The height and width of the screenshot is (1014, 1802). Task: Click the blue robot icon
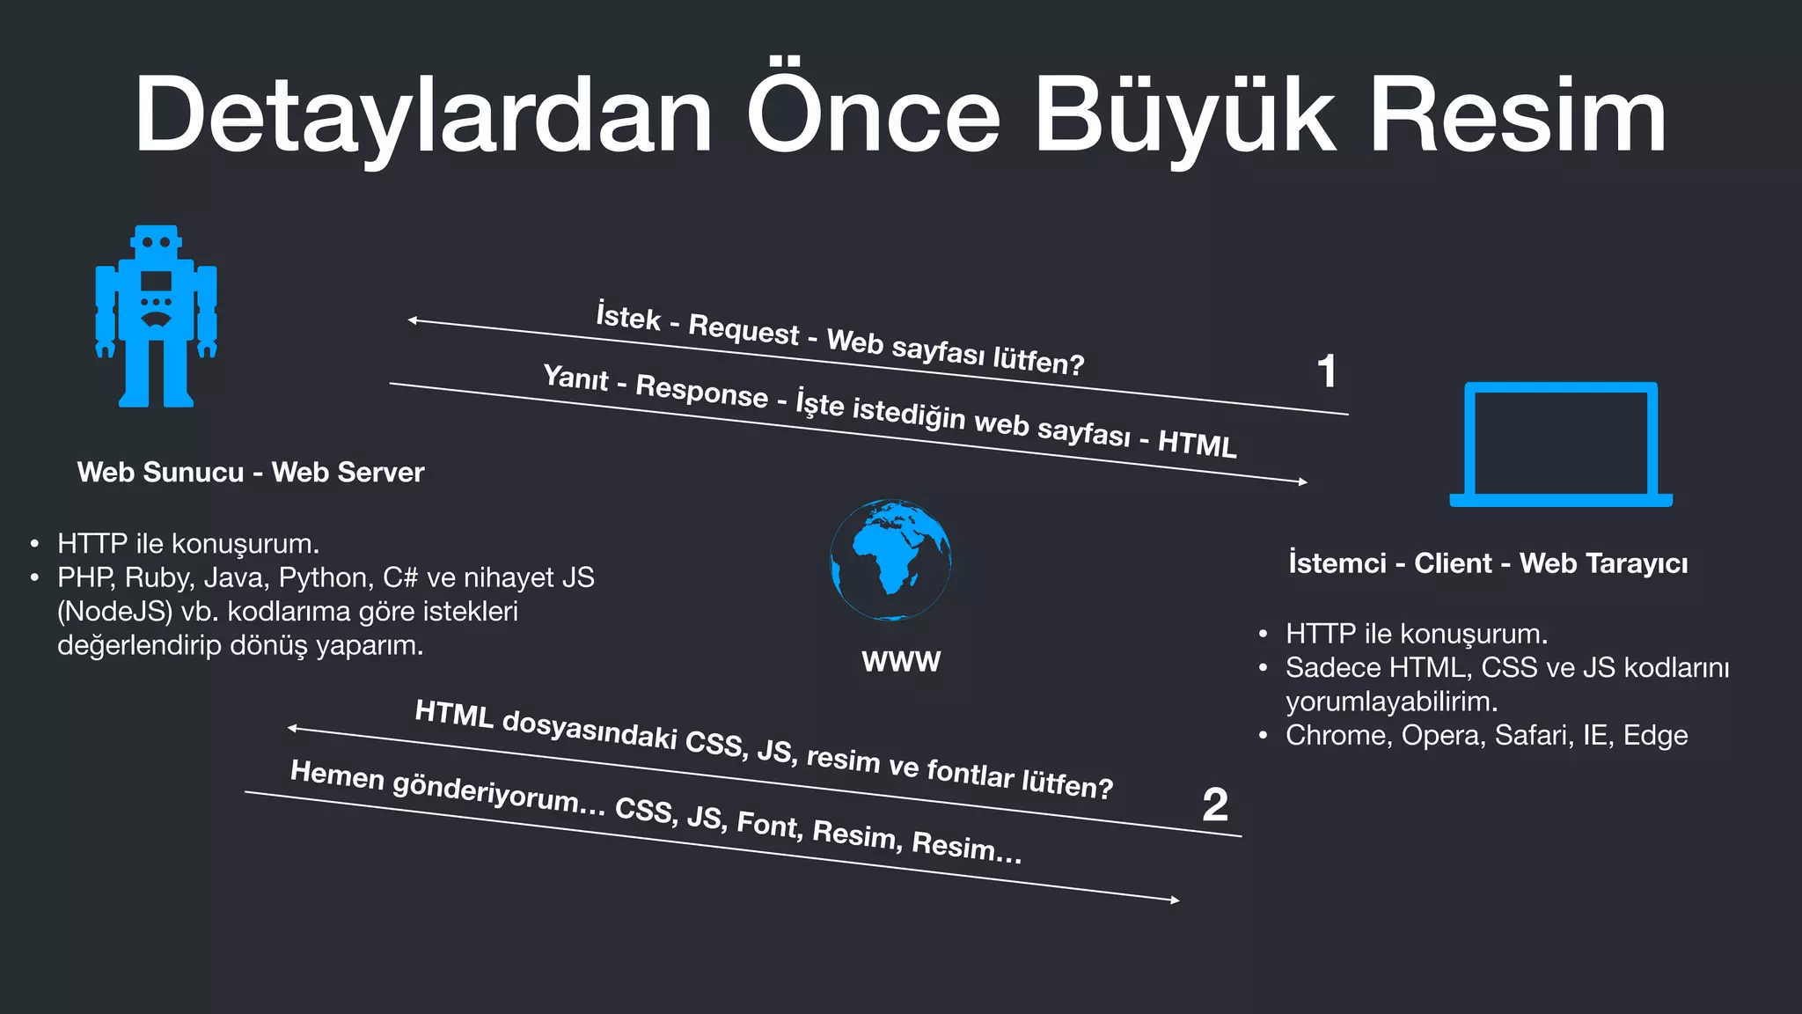click(x=156, y=317)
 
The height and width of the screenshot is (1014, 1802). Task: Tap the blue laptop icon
click(x=1561, y=445)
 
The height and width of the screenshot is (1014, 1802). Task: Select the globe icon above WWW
click(x=890, y=560)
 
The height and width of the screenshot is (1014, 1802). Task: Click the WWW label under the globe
click(x=901, y=661)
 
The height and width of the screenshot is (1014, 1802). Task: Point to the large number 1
click(x=1327, y=371)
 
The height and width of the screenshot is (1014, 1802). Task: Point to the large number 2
click(x=1215, y=805)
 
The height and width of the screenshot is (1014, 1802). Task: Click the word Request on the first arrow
click(x=744, y=329)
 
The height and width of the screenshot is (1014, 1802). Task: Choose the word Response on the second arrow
click(x=701, y=391)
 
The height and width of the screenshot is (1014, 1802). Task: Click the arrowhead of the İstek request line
click(x=413, y=320)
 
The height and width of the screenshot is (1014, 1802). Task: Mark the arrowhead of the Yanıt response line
click(x=1303, y=481)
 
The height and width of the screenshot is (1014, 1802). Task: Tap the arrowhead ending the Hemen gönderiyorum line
click(x=1175, y=900)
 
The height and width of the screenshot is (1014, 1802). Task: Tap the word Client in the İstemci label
click(x=1453, y=563)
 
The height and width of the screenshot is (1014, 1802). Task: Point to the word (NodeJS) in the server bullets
click(x=115, y=612)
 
